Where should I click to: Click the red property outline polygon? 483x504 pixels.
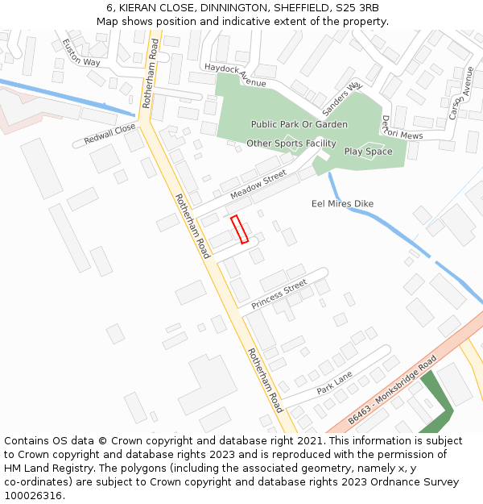[x=239, y=229]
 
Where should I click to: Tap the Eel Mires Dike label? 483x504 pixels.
[x=342, y=204]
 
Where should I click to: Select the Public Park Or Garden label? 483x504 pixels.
[x=299, y=124]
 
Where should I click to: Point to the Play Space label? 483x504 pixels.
[x=368, y=152]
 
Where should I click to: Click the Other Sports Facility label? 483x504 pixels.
[x=291, y=144]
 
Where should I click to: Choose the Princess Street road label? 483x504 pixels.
[x=279, y=294]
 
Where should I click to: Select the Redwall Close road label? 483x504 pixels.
[x=110, y=135]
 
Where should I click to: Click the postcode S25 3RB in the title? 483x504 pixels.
[x=356, y=8]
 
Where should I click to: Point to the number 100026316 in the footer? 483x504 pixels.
[x=32, y=496]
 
